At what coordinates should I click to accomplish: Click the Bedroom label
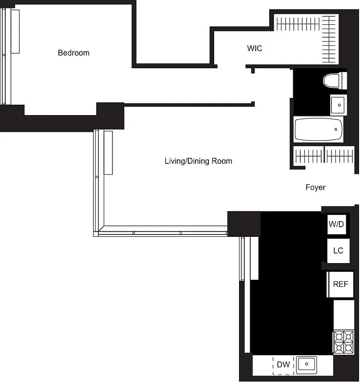coord(74,53)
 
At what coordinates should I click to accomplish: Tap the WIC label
coord(254,48)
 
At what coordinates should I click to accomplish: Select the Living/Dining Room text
coord(198,161)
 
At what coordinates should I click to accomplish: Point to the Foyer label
coord(316,187)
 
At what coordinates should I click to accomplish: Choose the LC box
coord(338,250)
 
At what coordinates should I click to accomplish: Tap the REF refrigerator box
coord(340,284)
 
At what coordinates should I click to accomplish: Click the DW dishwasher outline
coord(283,365)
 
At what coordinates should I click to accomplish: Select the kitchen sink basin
coord(306,365)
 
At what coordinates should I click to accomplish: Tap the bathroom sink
coord(338,105)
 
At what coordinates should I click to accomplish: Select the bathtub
coord(318,129)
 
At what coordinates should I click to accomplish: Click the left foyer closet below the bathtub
coord(308,156)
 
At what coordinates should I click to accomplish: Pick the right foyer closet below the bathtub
coord(339,156)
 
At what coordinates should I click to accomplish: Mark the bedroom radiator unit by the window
coord(15,32)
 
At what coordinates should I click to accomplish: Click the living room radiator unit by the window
coord(108,152)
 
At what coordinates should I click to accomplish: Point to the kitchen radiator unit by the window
coord(254,258)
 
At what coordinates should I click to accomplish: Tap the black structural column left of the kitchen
coord(244,223)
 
